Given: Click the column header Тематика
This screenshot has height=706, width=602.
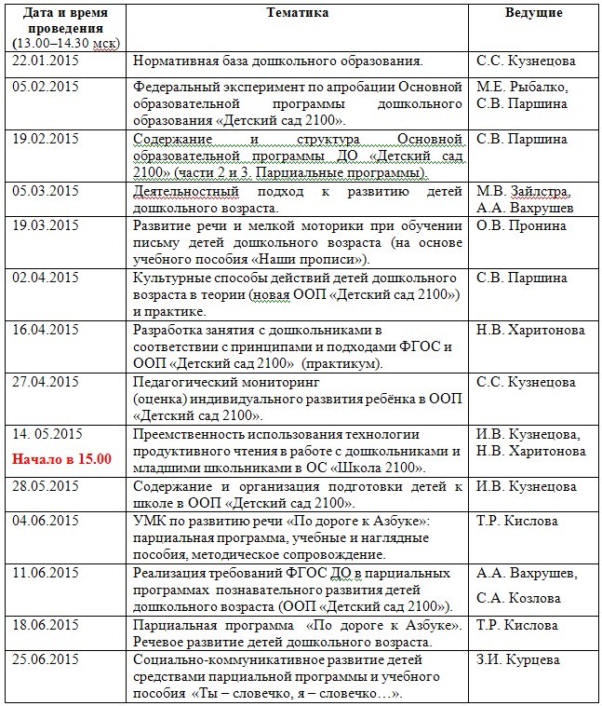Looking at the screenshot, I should (298, 13).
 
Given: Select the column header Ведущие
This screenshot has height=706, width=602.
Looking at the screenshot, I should (532, 13).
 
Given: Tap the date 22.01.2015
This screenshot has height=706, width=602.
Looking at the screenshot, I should (46, 61).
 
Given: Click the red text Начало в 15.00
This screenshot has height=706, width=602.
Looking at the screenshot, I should (61, 458).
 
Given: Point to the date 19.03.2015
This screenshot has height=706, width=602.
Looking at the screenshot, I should (46, 225).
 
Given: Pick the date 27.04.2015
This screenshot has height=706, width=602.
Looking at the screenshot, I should (46, 382).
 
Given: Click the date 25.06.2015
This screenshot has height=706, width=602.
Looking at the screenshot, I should (46, 660).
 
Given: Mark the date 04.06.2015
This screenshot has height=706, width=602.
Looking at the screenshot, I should (46, 521).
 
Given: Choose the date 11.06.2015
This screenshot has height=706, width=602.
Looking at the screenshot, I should (46, 573).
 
